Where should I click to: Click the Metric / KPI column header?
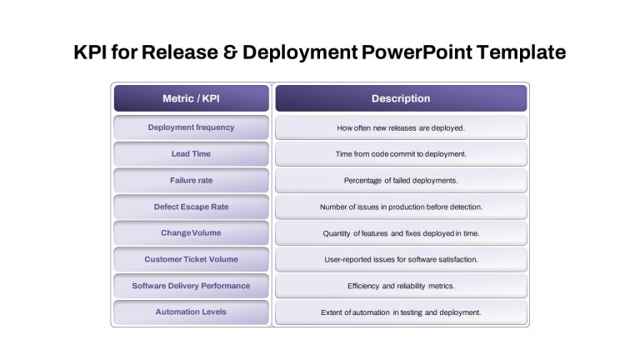[192, 98]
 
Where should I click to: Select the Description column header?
[401, 98]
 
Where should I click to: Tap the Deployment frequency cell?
[192, 127]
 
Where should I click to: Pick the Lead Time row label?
[192, 154]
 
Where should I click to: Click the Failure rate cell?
[192, 180]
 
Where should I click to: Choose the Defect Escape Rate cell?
[192, 207]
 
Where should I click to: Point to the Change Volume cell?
[192, 233]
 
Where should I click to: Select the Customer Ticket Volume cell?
[192, 260]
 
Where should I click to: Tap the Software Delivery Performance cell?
[192, 286]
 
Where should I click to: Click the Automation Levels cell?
[192, 312]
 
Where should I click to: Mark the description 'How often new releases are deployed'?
[401, 127]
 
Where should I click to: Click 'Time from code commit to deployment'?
[401, 154]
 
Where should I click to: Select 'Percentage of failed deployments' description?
[401, 180]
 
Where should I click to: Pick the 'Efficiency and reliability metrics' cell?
[401, 286]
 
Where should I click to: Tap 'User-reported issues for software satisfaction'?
[401, 260]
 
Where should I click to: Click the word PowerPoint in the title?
[417, 52]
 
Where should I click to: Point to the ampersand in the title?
[230, 52]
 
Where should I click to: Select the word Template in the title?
[521, 52]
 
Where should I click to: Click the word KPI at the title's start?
[90, 52]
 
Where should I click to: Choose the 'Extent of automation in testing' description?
[401, 312]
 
